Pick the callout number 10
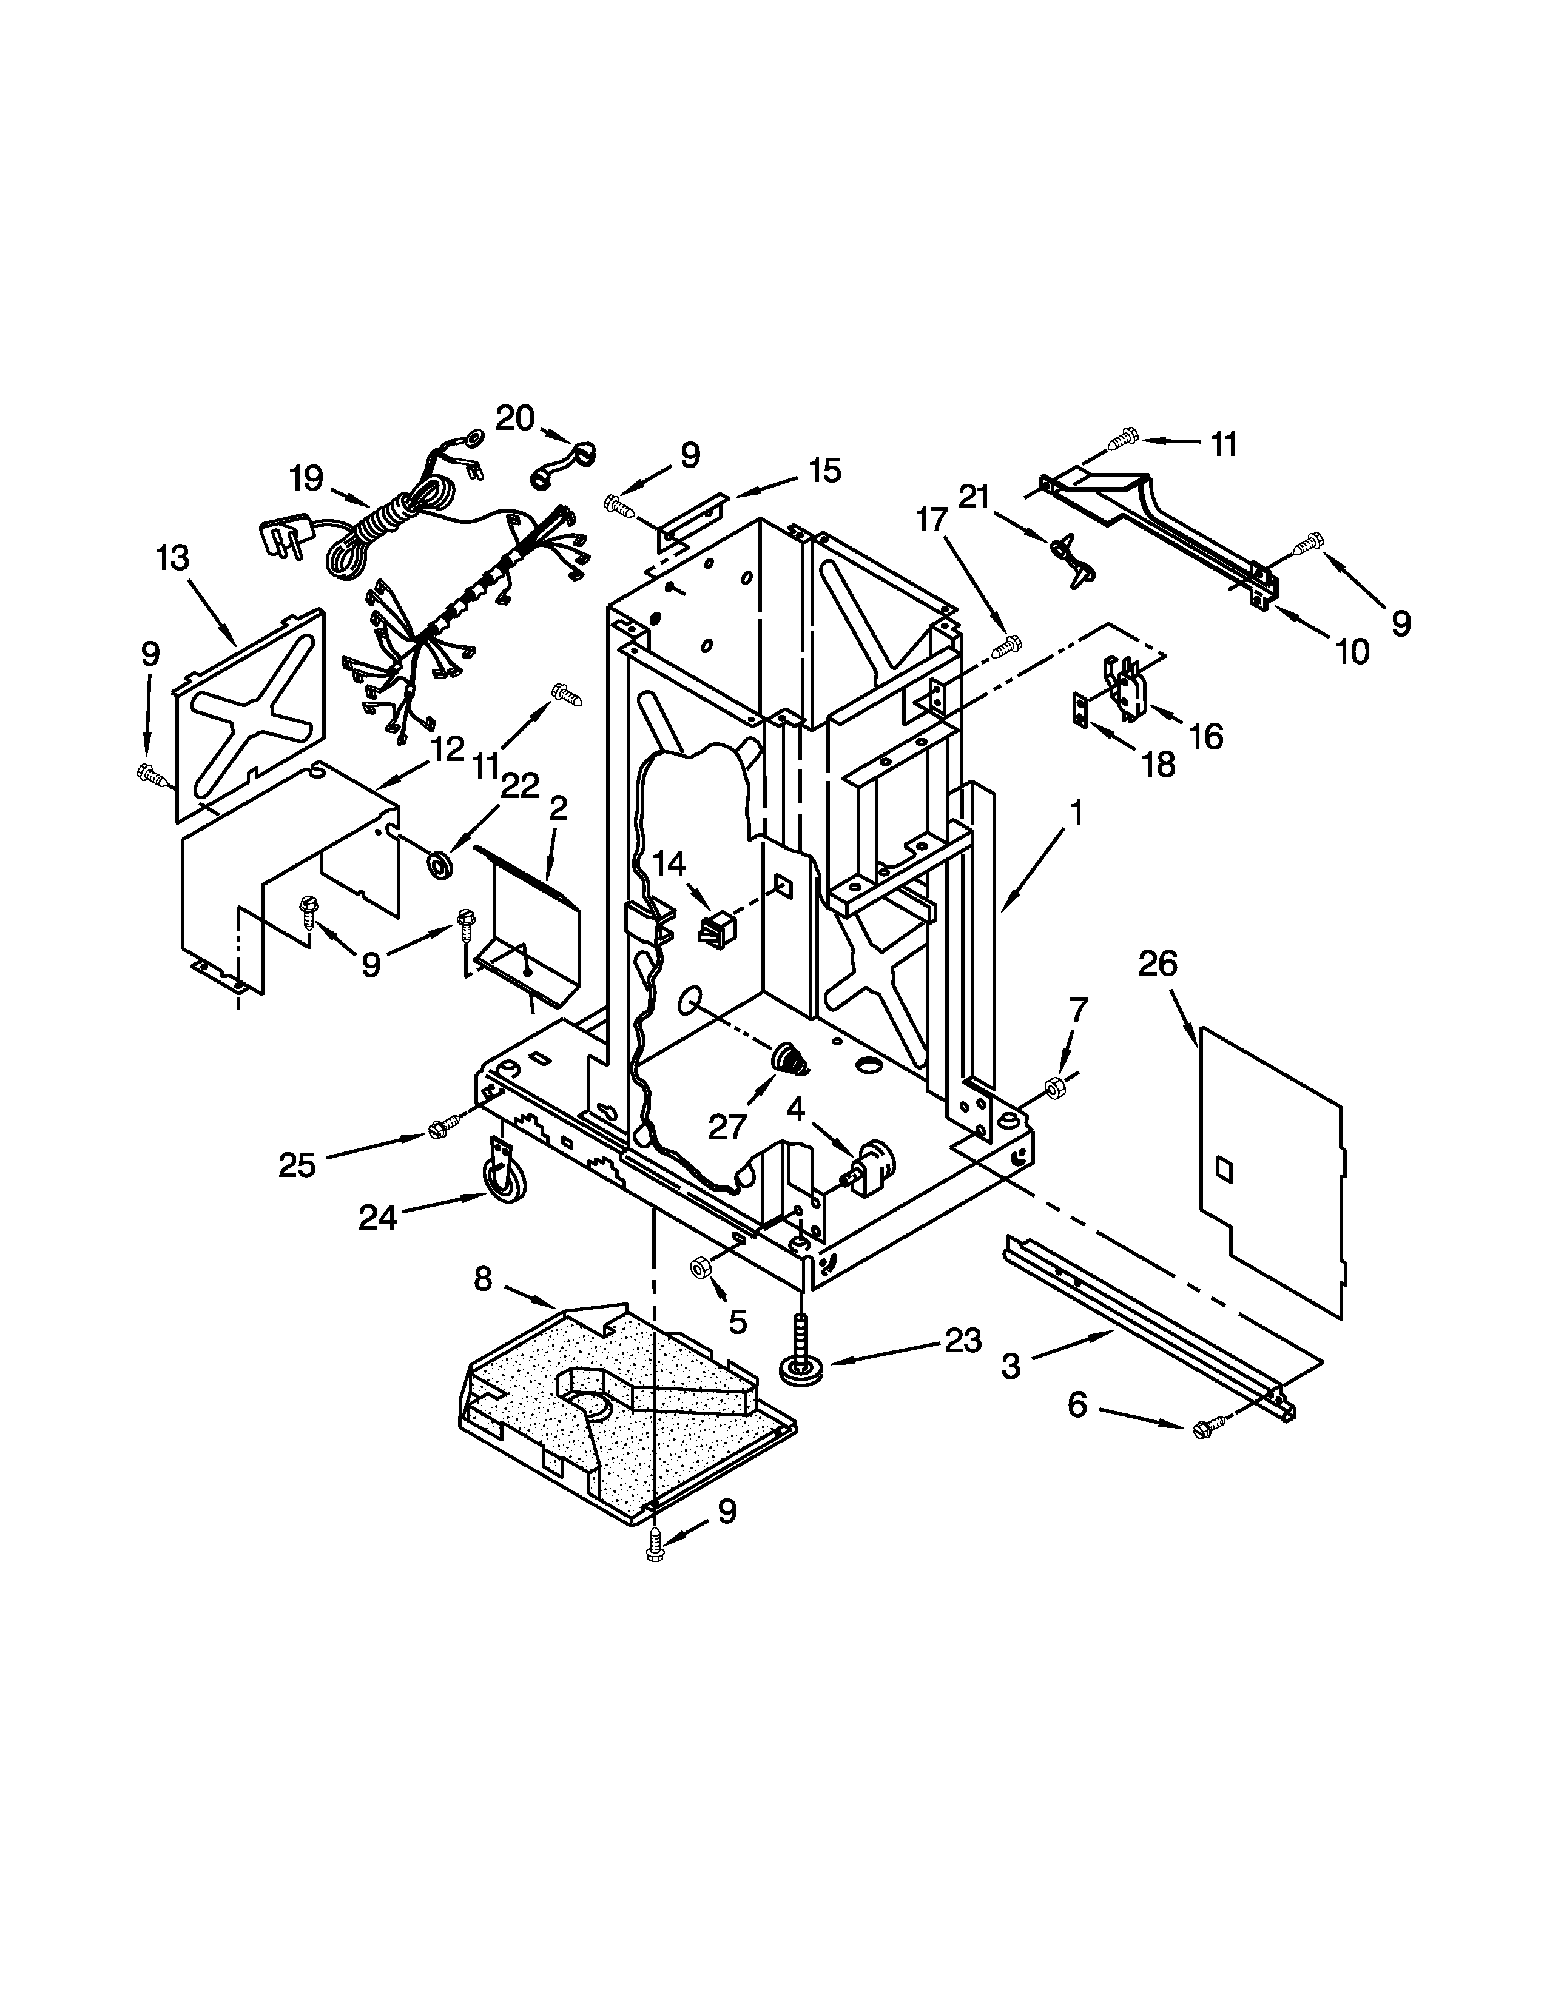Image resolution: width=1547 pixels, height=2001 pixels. (x=1352, y=651)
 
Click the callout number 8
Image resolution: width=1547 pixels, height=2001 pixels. (x=483, y=1279)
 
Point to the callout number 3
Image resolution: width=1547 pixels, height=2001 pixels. (x=1010, y=1366)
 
